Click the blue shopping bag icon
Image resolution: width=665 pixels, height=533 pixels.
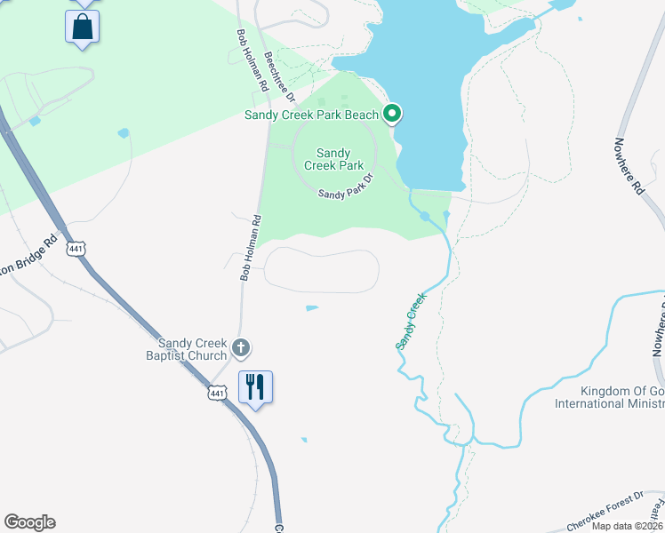tap(82, 27)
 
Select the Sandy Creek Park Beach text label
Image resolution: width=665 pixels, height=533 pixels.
tap(312, 115)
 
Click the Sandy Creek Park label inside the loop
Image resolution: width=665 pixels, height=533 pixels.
tap(334, 159)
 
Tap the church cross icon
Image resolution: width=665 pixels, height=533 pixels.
tap(240, 347)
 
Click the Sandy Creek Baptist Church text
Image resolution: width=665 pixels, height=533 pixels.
tap(192, 349)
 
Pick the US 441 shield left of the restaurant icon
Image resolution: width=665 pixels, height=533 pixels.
tap(217, 391)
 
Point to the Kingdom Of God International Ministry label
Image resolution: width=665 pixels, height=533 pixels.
tap(609, 397)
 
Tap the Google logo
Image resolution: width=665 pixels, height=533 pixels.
tap(29, 522)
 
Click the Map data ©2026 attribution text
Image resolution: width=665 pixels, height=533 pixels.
tap(627, 526)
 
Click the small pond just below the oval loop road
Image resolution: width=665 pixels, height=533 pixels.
tap(312, 308)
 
